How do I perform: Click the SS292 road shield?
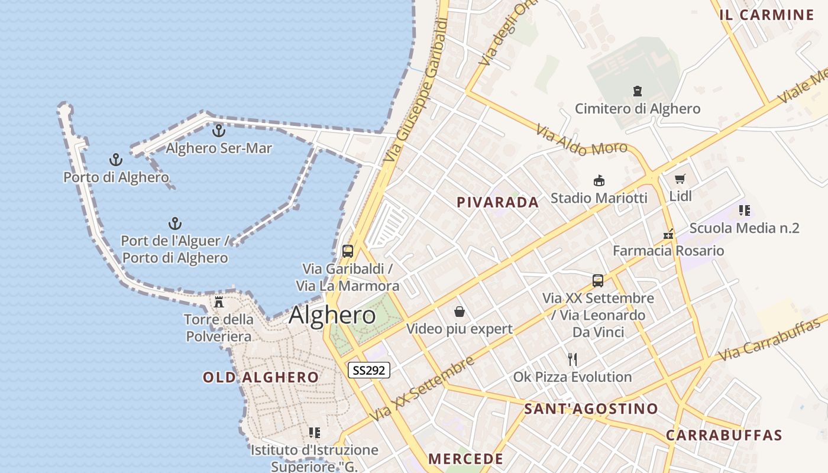[x=369, y=371]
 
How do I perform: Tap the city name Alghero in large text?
[x=332, y=315]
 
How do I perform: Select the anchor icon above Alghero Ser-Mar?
[x=219, y=131]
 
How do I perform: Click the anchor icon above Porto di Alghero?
[x=116, y=160]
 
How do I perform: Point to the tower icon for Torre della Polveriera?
[x=219, y=302]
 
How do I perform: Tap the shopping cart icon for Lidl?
[x=680, y=179]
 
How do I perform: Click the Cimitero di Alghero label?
[x=638, y=109]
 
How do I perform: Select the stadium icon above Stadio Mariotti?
[x=599, y=180]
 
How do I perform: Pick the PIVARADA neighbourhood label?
[x=497, y=202]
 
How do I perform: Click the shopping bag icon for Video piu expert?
[x=460, y=312]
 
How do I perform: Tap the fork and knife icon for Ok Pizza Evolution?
[x=573, y=359]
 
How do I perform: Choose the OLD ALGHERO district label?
[x=261, y=377]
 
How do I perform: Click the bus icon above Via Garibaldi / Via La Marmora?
[x=348, y=251]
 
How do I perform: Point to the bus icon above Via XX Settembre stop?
[x=598, y=280]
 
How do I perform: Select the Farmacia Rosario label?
[x=668, y=251]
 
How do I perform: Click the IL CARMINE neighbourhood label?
[x=766, y=15]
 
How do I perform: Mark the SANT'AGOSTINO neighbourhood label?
[x=591, y=409]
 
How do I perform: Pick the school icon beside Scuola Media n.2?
[x=745, y=210]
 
